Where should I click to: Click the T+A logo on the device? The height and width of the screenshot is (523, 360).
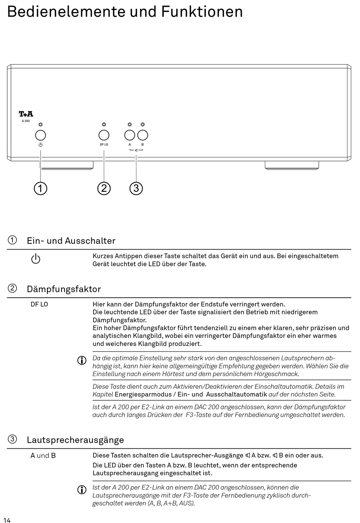[x=26, y=114]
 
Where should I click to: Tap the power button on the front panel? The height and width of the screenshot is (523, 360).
[x=41, y=135]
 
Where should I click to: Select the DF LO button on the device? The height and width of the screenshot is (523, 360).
[x=104, y=135]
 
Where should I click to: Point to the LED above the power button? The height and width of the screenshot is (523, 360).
[x=41, y=125]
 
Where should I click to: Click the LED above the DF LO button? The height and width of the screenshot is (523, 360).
[x=104, y=125]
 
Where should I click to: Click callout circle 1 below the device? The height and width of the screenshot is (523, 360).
[x=41, y=188]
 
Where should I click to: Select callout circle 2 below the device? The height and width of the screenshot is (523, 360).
[x=104, y=188]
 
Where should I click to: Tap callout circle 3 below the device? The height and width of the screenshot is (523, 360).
[x=136, y=188]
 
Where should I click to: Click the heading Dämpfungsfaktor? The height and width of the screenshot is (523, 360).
[x=64, y=289]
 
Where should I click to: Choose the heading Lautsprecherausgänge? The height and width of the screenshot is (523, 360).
[x=75, y=440]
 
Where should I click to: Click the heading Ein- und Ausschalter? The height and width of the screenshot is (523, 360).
[x=71, y=241]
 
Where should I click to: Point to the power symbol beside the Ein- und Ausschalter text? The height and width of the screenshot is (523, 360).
[x=36, y=259]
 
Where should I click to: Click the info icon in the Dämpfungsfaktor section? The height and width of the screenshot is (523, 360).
[x=82, y=361]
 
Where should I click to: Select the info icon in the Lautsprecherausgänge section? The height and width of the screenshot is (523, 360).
[x=82, y=490]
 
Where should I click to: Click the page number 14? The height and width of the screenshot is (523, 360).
[x=7, y=520]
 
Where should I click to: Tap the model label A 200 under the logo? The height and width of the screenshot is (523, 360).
[x=26, y=121]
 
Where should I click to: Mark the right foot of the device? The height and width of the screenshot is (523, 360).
[x=292, y=165]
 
